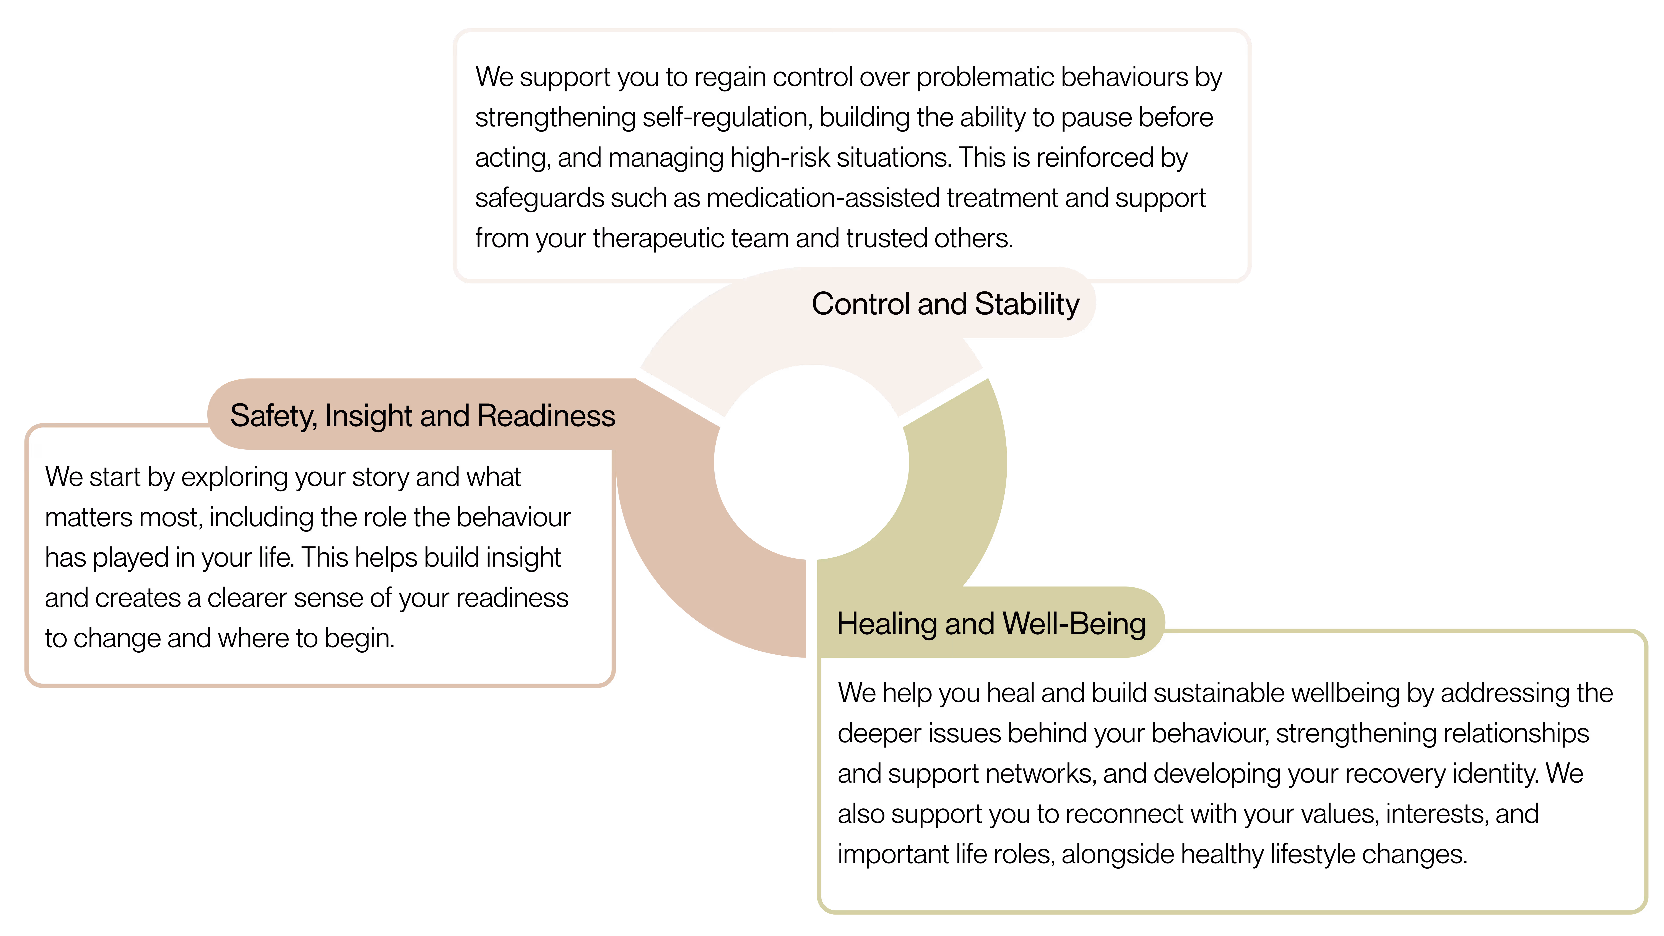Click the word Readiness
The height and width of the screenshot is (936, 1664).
pyautogui.click(x=546, y=415)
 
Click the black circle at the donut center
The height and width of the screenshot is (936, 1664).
pyautogui.click(x=811, y=462)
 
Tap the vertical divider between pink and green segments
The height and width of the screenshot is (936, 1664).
pyautogui.click(x=811, y=607)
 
